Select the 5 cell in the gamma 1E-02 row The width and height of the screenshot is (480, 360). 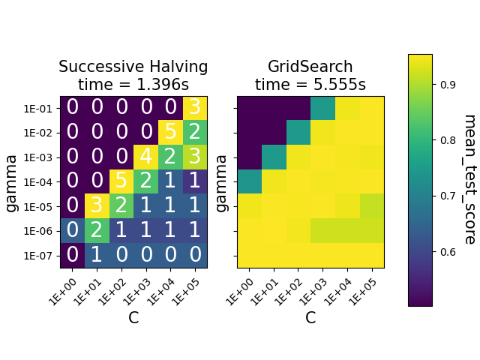click(x=171, y=133)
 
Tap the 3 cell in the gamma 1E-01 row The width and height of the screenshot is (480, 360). click(x=195, y=108)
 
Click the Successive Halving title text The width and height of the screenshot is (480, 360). click(x=133, y=67)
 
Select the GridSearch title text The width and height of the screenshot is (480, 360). click(x=310, y=67)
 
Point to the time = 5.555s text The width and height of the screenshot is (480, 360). click(x=310, y=85)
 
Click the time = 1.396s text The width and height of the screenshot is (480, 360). click(x=133, y=85)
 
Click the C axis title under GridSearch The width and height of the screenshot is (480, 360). click(x=310, y=318)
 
